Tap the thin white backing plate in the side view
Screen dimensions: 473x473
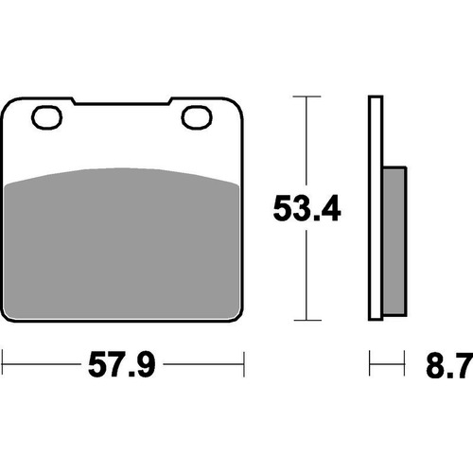373,208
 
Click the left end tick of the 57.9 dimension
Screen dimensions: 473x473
4,360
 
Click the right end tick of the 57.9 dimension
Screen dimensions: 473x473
245,360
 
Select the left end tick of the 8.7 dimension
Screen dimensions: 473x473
369,360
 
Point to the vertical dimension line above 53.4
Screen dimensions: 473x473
305,142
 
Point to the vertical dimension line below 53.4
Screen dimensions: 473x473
305,274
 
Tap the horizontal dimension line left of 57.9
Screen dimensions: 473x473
43,360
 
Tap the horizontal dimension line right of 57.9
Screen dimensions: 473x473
203,360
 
